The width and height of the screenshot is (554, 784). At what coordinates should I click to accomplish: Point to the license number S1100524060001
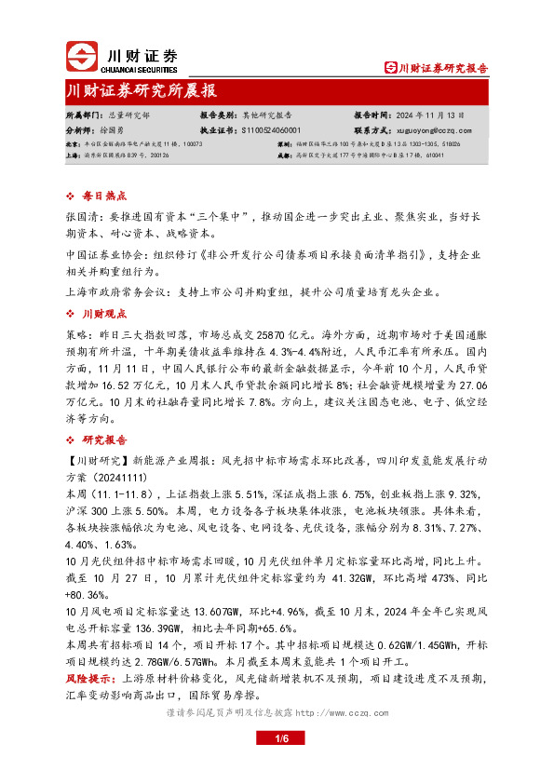point(264,130)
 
